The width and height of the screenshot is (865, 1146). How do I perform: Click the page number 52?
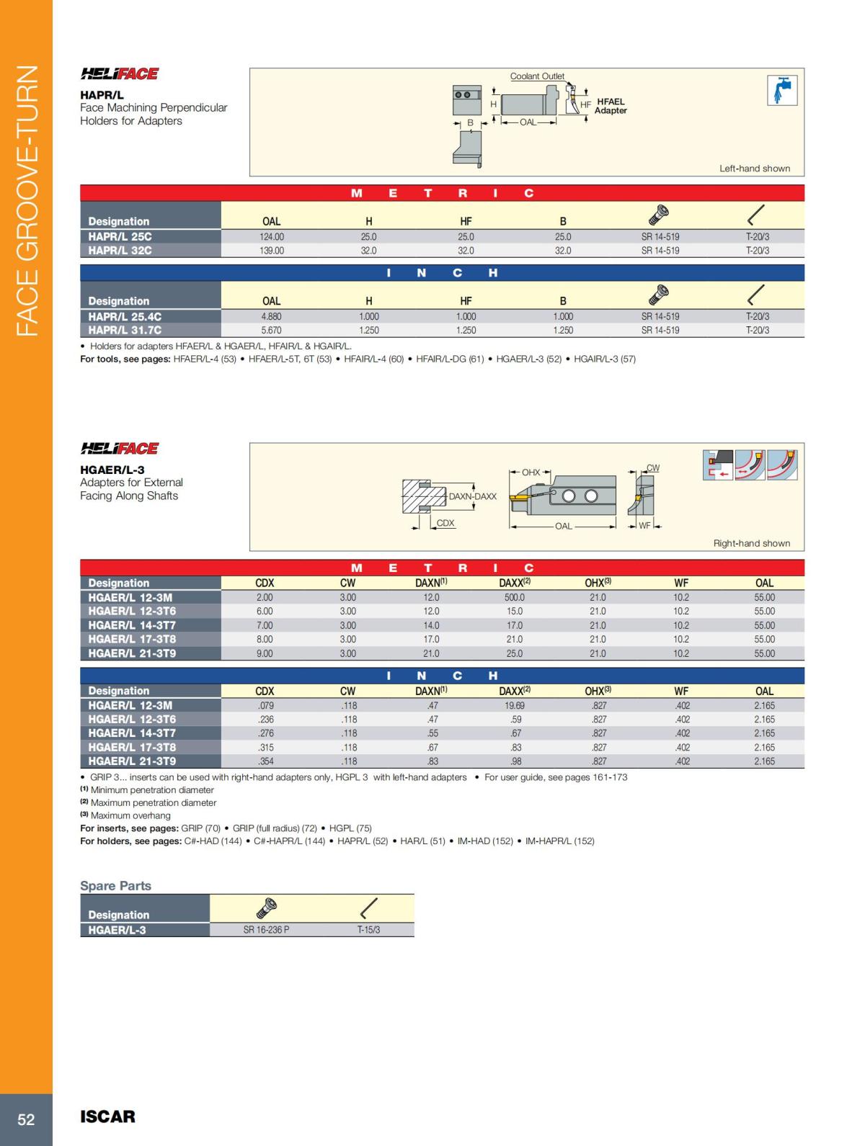tap(26, 1119)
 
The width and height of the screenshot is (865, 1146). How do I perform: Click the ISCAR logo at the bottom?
tap(107, 1116)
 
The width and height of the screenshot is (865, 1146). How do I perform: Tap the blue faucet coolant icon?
tap(782, 90)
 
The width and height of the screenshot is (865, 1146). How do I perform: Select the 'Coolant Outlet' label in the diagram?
tap(537, 76)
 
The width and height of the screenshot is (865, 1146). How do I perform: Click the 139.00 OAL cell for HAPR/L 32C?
tap(272, 251)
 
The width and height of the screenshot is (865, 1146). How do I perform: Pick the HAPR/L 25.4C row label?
tap(125, 316)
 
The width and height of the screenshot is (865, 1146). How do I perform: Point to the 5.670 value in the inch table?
tap(272, 330)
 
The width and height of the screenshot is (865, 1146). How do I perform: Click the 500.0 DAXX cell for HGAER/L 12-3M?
tap(515, 597)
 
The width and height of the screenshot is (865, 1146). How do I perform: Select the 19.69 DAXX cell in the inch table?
tap(515, 705)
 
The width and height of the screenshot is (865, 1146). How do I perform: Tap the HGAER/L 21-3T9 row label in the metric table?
tap(132, 653)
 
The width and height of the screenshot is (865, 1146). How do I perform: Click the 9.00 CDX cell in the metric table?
tap(265, 653)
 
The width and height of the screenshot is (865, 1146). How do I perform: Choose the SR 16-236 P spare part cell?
tap(266, 930)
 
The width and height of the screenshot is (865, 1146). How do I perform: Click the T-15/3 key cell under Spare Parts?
tap(368, 930)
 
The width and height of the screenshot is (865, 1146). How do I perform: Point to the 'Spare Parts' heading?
tap(115, 886)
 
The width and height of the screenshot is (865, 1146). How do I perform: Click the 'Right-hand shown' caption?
tap(752, 543)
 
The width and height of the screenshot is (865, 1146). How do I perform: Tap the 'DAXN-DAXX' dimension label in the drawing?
tap(472, 496)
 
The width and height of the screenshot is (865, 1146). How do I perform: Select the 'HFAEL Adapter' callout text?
tap(611, 106)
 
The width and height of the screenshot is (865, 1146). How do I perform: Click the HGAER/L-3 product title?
tap(112, 470)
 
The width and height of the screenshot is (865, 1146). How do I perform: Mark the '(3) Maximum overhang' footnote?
tap(125, 815)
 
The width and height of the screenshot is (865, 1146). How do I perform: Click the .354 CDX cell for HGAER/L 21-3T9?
tap(265, 761)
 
